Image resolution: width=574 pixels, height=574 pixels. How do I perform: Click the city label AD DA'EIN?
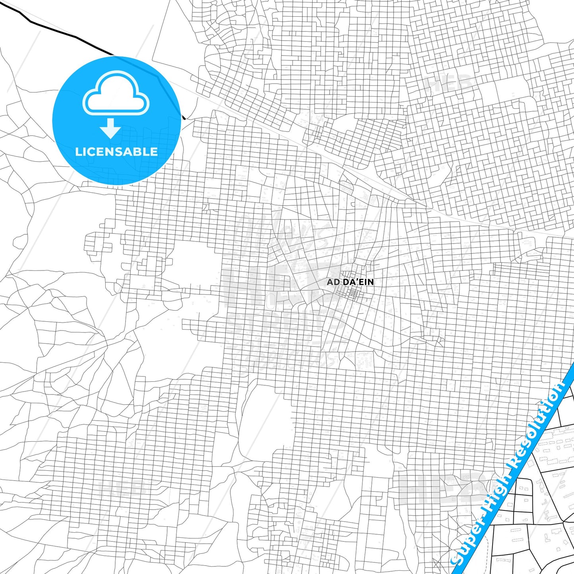[350, 282]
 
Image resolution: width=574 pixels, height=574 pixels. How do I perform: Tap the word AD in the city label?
[332, 282]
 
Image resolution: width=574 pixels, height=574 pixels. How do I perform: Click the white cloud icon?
[116, 93]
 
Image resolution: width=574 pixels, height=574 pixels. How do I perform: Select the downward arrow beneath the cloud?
[110, 128]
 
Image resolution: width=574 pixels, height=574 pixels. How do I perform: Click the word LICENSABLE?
[116, 151]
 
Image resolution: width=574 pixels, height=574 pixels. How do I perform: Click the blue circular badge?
[117, 120]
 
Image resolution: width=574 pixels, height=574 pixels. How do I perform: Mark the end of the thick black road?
[184, 118]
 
